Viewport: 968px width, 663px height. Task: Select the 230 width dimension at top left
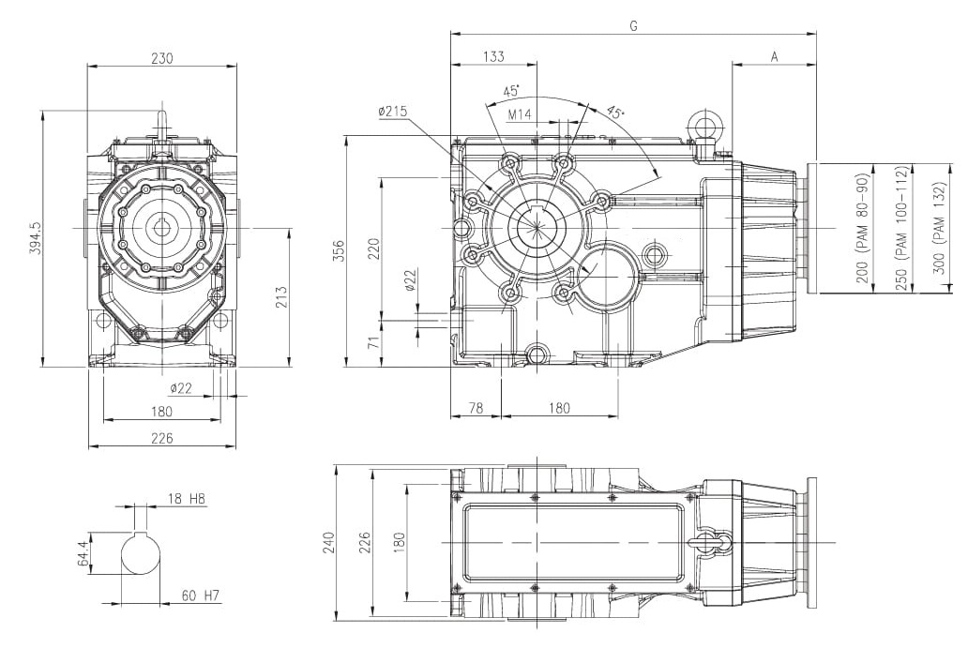pyautogui.click(x=161, y=58)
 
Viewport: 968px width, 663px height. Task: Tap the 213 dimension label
pyautogui.click(x=280, y=297)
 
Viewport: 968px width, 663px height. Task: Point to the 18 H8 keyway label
pyautogui.click(x=186, y=498)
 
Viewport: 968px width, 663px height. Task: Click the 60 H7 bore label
pyautogui.click(x=201, y=595)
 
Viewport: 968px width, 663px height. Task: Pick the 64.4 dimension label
pyautogui.click(x=84, y=552)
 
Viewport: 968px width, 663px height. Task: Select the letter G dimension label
pyautogui.click(x=633, y=26)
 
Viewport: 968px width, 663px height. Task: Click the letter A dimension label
pyautogui.click(x=774, y=57)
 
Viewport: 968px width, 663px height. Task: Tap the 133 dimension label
pyautogui.click(x=493, y=57)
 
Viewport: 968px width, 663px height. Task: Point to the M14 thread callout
pyautogui.click(x=520, y=114)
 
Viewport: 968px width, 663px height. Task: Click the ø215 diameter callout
pyautogui.click(x=393, y=111)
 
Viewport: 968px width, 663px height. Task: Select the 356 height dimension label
pyautogui.click(x=339, y=251)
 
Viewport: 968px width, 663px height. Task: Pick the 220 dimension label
pyautogui.click(x=373, y=249)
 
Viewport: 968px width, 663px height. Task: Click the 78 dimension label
pyautogui.click(x=476, y=408)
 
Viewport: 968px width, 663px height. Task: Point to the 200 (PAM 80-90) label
pyautogui.click(x=862, y=229)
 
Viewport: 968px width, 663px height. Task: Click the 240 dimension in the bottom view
pyautogui.click(x=328, y=542)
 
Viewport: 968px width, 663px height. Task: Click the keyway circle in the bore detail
pyautogui.click(x=141, y=553)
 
